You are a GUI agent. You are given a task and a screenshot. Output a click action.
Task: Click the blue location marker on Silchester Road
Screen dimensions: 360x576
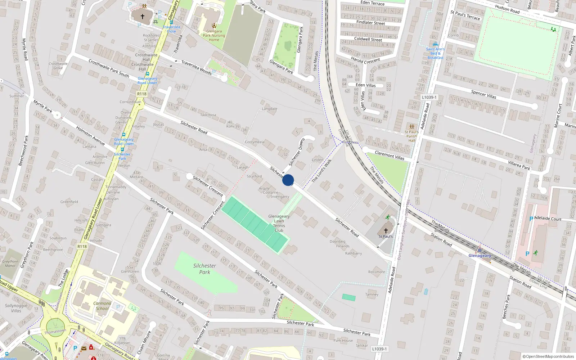point(288,180)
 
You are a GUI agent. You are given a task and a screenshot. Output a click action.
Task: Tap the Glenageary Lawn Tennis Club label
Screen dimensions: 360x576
point(279,223)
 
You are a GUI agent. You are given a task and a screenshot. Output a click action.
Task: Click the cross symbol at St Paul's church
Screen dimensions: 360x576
point(386,230)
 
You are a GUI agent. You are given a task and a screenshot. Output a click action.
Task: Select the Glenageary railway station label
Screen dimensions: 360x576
point(480,256)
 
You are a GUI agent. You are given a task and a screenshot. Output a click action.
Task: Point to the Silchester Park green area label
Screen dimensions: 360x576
point(204,269)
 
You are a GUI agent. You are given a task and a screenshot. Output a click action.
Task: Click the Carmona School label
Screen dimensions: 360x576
point(102,306)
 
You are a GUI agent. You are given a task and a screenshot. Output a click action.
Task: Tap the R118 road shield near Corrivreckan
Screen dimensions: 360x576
point(142,94)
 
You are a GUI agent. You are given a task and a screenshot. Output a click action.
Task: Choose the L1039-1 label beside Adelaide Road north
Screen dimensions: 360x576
point(429,97)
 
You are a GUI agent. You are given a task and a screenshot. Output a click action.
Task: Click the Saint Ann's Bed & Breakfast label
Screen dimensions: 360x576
point(435,53)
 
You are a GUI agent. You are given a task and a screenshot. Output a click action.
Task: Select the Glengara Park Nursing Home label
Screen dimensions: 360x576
point(214,35)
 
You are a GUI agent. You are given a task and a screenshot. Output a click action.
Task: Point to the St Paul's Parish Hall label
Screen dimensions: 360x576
point(411,136)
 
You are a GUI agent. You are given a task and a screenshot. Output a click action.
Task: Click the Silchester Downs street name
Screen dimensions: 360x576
point(297,152)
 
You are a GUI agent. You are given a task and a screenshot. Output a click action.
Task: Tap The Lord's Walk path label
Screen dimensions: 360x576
point(321,171)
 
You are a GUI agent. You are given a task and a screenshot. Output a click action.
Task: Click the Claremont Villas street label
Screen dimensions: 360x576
point(390,155)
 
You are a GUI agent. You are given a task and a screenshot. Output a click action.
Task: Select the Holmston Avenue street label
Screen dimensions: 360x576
point(90,135)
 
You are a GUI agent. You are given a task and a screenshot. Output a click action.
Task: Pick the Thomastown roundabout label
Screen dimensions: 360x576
point(55,331)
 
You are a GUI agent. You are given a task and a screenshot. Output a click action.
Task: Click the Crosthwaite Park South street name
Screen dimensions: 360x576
point(109,68)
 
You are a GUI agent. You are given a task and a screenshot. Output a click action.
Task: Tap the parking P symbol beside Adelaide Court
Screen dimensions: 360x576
point(531,219)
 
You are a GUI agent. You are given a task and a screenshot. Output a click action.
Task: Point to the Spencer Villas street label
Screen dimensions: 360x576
point(483,94)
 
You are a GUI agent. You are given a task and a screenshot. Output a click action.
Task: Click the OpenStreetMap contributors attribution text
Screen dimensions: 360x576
point(548,357)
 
